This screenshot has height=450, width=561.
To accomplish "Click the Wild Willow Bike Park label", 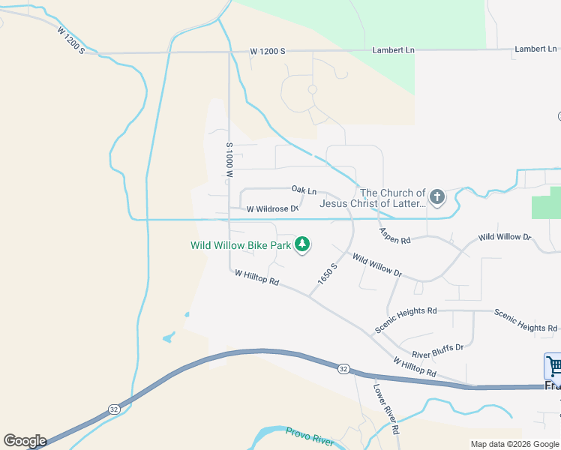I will click(x=240, y=245).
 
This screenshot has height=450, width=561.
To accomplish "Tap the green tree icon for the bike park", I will click(x=301, y=244).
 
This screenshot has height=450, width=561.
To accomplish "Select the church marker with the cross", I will click(x=437, y=198).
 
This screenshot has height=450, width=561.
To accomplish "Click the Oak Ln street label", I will click(x=304, y=191).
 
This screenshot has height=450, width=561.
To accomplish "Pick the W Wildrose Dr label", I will click(x=272, y=208).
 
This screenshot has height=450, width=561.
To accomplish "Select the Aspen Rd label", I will click(x=394, y=236).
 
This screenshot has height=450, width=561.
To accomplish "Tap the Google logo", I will click(x=25, y=441).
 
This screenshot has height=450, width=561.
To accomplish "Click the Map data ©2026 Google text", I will click(x=514, y=444).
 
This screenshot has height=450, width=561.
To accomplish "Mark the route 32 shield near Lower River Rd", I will click(x=343, y=368).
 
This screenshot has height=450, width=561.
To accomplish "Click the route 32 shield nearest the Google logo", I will click(x=114, y=409).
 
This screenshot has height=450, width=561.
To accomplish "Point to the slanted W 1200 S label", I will click(x=70, y=40).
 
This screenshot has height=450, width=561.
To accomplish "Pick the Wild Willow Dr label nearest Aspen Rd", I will click(x=376, y=266).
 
